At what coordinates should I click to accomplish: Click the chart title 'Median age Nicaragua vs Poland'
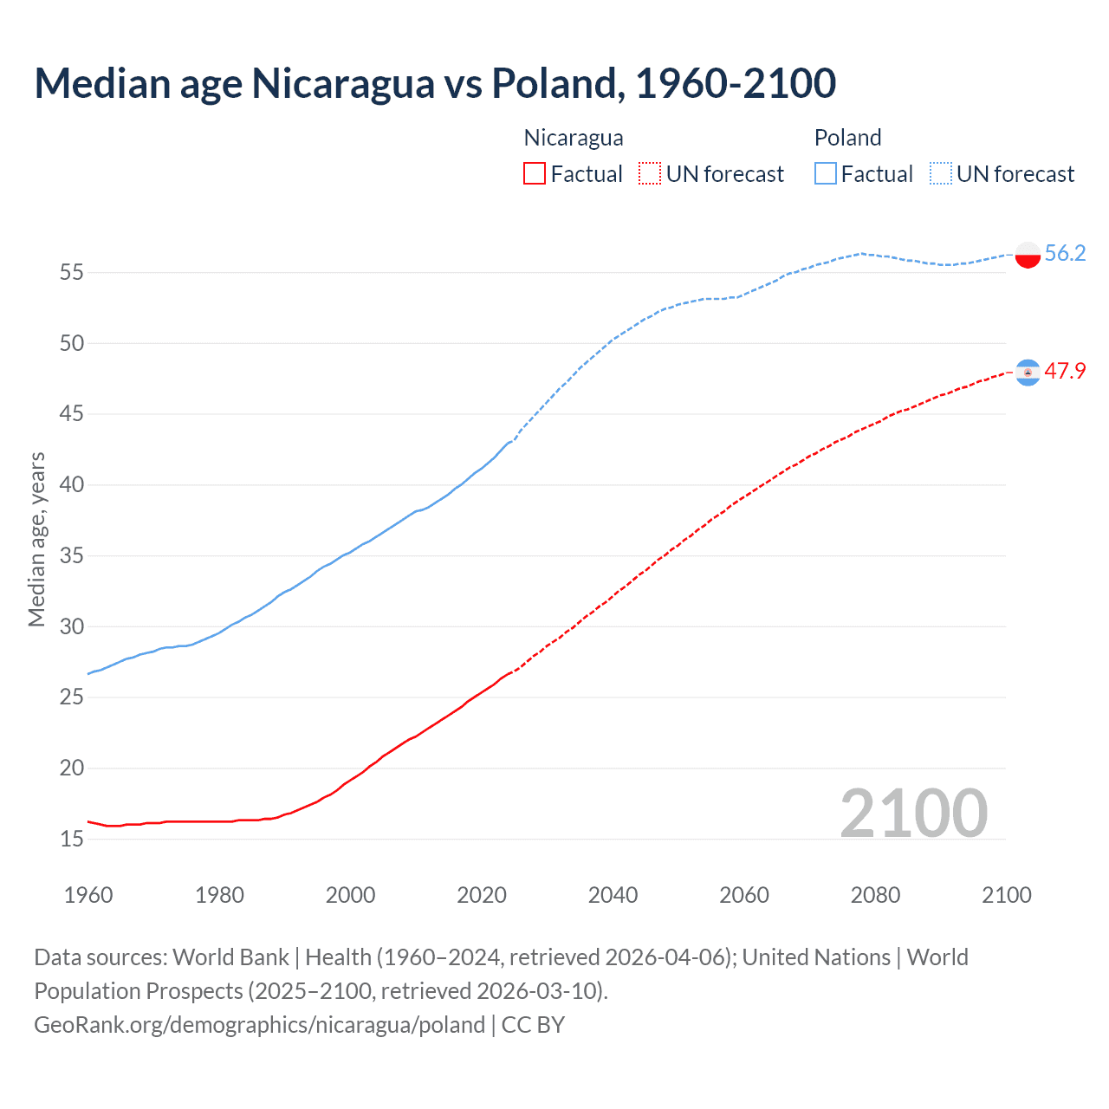click(435, 83)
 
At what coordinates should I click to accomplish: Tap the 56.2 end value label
click(1065, 253)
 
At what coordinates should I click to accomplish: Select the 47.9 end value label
click(1065, 371)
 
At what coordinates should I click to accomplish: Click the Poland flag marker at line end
click(1028, 255)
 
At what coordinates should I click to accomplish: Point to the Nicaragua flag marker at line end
click(1028, 373)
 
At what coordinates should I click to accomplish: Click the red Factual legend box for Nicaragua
click(535, 173)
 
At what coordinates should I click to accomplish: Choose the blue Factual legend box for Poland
click(825, 173)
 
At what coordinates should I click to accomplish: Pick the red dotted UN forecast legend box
click(649, 173)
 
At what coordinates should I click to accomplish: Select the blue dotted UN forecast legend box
click(940, 173)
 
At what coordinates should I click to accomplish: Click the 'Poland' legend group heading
click(847, 138)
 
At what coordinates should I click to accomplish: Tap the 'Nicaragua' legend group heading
click(574, 138)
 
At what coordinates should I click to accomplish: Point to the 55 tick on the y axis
click(72, 273)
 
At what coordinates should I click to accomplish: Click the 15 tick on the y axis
click(72, 839)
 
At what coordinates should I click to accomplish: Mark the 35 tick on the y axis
click(72, 555)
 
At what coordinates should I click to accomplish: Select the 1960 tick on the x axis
click(88, 895)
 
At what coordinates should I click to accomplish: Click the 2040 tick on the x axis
click(613, 895)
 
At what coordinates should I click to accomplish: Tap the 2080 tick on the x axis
click(875, 895)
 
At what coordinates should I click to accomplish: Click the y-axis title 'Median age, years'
click(36, 539)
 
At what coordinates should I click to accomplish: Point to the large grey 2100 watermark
click(913, 813)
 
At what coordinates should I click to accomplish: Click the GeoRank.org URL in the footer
click(259, 1025)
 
